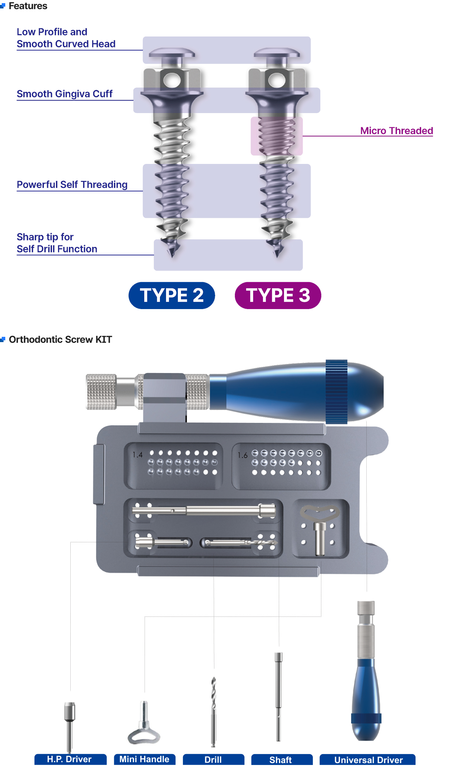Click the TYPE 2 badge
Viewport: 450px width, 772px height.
point(172,295)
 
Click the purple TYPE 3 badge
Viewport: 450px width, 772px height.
point(278,295)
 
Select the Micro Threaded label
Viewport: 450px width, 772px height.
point(397,131)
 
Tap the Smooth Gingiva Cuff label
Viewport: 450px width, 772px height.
point(65,94)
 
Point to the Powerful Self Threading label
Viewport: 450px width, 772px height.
point(72,184)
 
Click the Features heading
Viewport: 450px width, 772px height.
point(28,6)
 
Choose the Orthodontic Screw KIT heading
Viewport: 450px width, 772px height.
point(60,339)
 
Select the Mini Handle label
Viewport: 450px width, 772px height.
point(144,759)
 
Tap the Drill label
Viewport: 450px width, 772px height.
point(213,759)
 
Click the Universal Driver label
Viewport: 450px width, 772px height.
point(367,759)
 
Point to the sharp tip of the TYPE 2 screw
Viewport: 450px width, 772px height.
point(172,256)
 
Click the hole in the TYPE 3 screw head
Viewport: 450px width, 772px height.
point(277,81)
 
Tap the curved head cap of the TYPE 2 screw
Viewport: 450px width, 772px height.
point(172,53)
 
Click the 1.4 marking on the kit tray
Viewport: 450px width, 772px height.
point(137,455)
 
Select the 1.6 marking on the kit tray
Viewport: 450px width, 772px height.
point(243,455)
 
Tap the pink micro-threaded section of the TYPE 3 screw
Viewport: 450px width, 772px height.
point(277,136)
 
